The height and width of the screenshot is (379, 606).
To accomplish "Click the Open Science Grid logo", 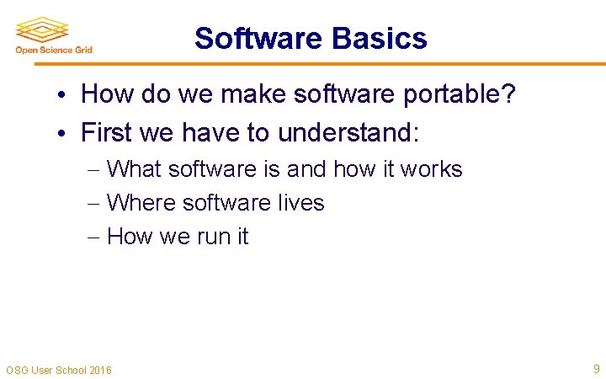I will click(53, 35).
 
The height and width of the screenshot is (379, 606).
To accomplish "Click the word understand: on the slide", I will click(348, 132).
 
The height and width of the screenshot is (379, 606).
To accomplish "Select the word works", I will click(431, 169).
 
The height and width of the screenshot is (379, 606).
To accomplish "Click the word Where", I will click(141, 203).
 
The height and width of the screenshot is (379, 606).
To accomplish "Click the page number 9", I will click(596, 368).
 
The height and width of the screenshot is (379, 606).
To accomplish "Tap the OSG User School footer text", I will click(58, 370).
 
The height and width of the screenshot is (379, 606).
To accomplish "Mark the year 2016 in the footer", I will click(98, 370).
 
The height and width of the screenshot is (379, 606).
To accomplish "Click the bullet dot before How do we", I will click(64, 95).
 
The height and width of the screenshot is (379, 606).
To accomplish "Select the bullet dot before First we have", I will click(64, 133).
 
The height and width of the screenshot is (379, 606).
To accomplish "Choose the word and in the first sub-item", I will click(306, 169).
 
